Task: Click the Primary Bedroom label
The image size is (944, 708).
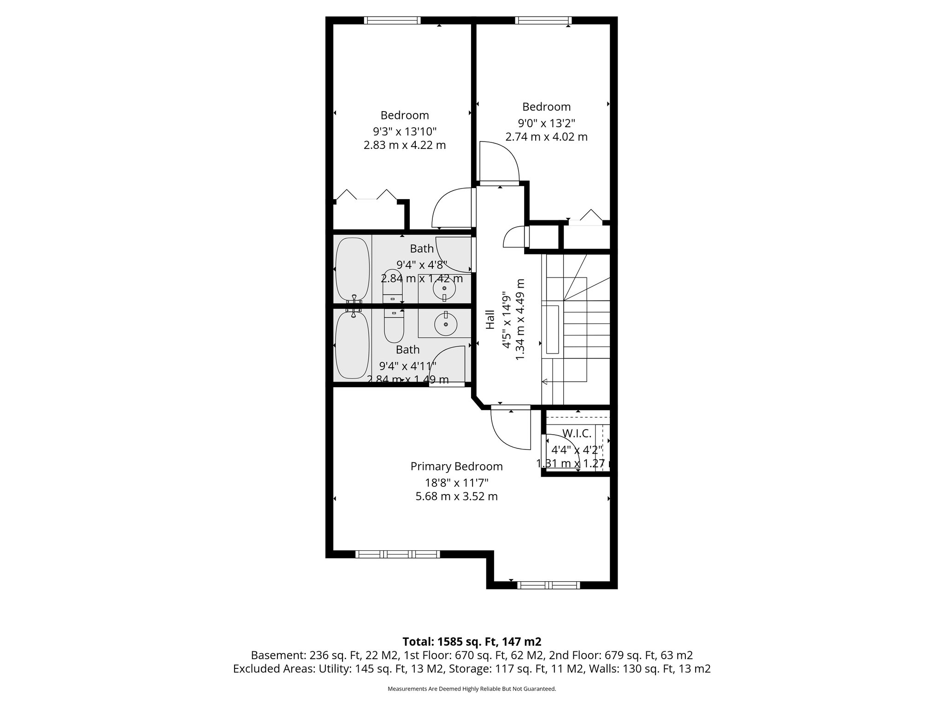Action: pos(456,466)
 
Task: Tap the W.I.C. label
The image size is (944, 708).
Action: pos(577,433)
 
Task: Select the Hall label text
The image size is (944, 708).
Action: pos(490,319)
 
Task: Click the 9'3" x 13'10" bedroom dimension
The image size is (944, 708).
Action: pos(404,131)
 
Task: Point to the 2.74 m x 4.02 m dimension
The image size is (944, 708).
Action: pos(546,137)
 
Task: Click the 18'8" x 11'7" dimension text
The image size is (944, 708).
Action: pos(456,483)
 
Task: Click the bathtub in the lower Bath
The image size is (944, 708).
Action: pos(353,346)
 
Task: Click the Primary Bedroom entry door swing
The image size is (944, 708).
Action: pos(509,429)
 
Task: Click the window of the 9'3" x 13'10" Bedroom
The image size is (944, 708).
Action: pos(392,20)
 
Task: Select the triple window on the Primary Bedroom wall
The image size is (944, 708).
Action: pos(397,554)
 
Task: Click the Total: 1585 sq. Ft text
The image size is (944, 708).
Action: pos(472,642)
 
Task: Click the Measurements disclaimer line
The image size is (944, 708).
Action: pos(472,689)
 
